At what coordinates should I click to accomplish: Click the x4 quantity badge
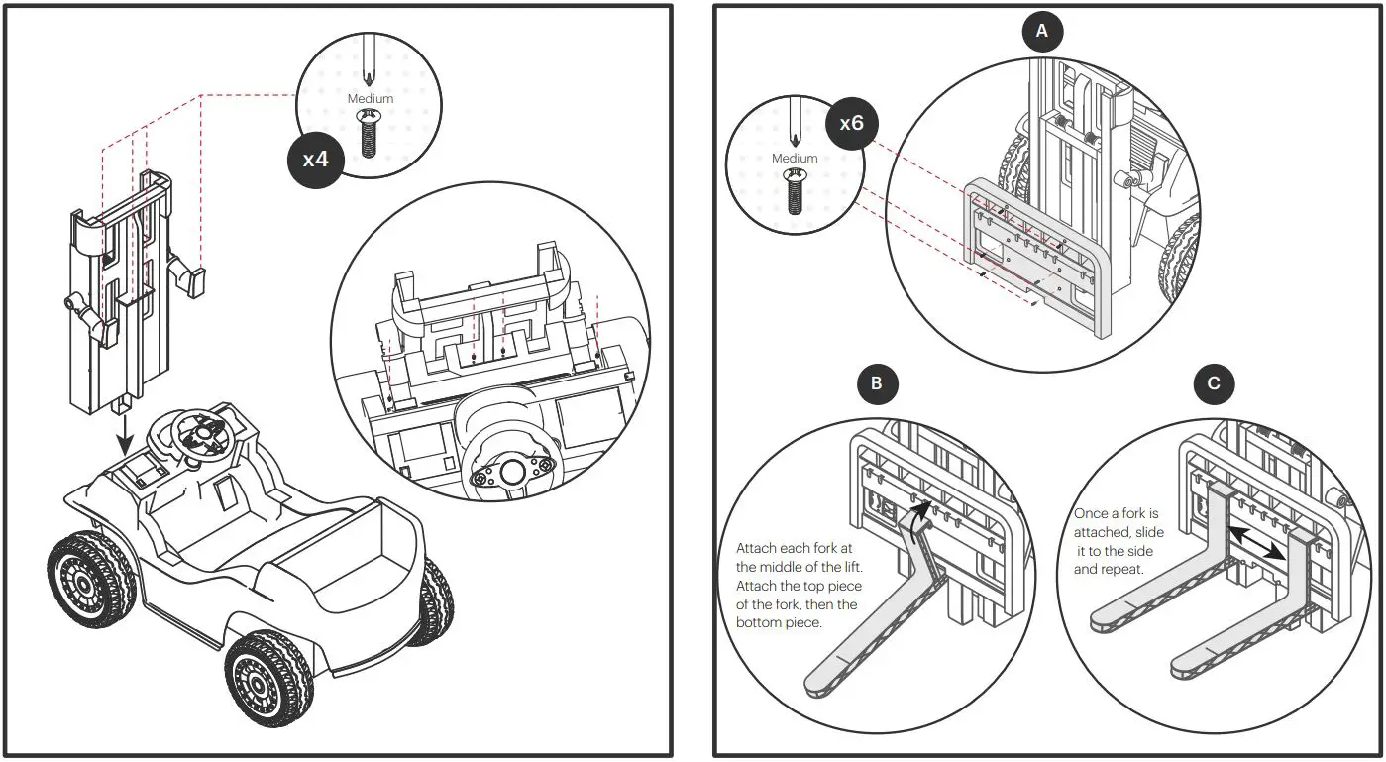(315, 158)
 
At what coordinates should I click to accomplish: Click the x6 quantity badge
(851, 124)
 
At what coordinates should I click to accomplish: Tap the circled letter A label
(1040, 32)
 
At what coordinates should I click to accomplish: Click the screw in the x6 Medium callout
(794, 191)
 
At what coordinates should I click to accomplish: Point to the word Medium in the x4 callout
(370, 98)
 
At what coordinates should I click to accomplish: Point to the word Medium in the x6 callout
(794, 158)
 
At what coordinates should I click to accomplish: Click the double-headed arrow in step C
(1260, 544)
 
